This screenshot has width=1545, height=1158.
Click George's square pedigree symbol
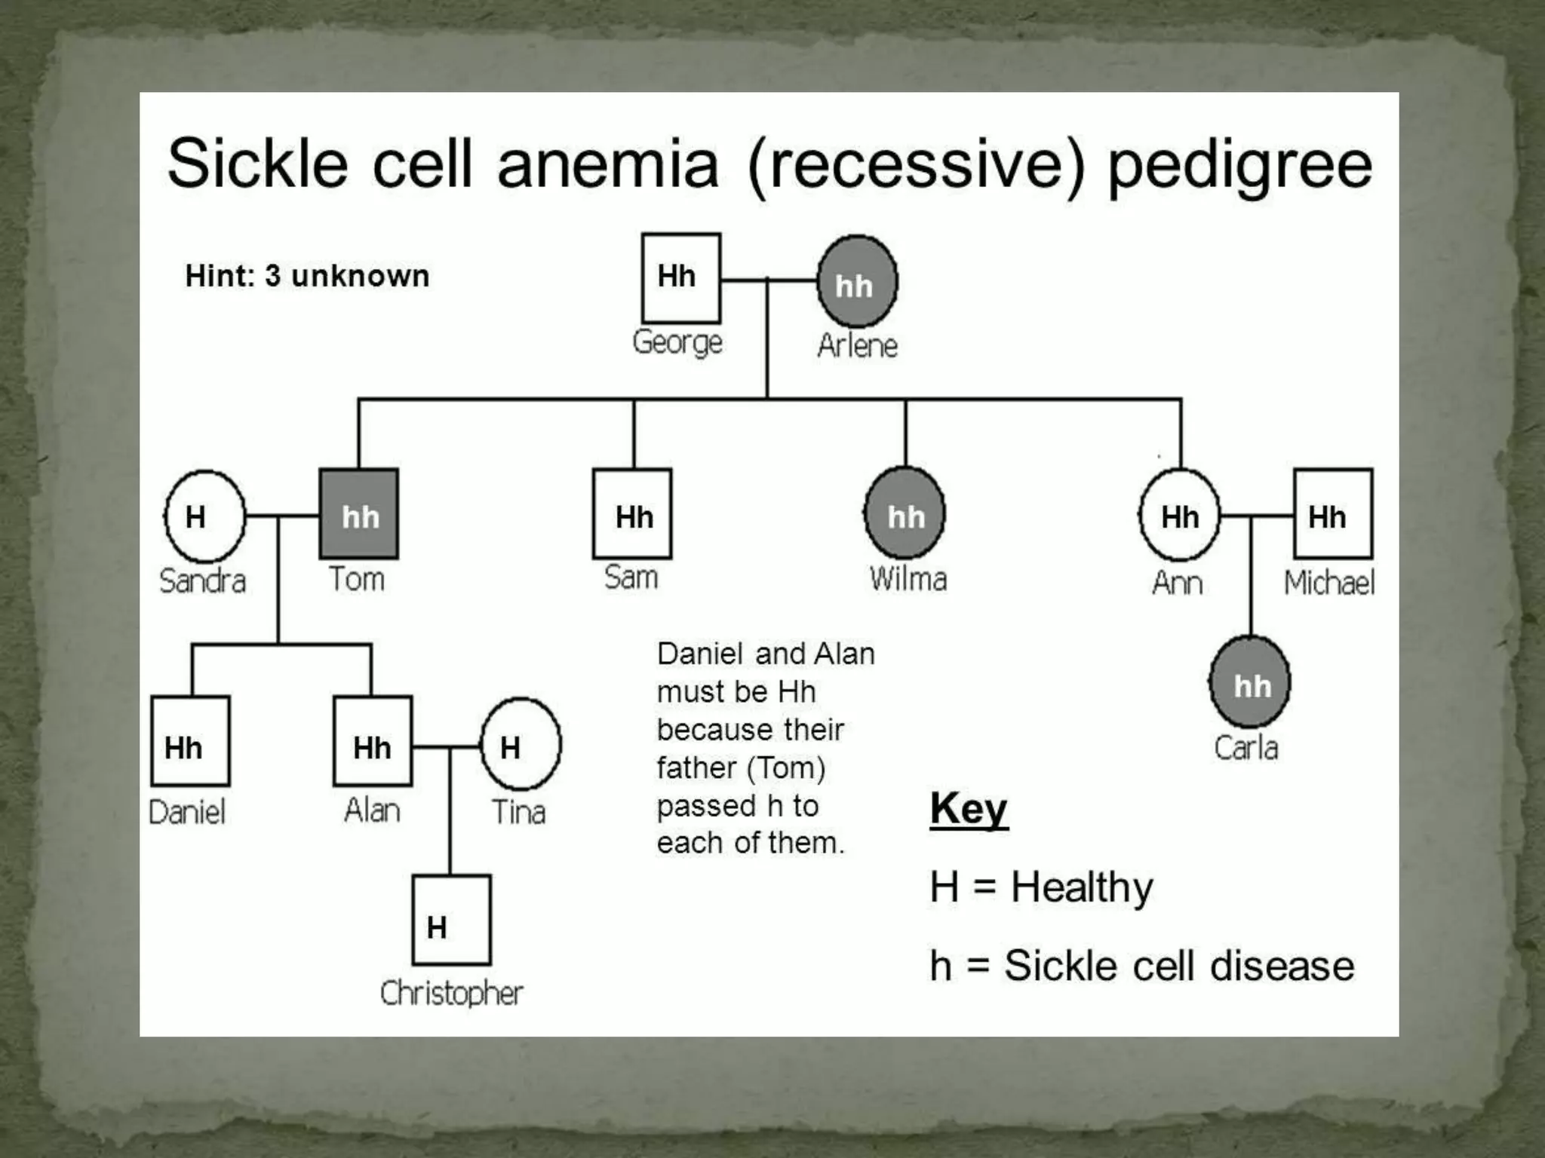(x=680, y=277)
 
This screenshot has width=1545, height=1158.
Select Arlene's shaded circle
(x=857, y=282)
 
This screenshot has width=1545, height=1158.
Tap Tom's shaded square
(x=359, y=514)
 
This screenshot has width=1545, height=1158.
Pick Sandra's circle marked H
(x=204, y=516)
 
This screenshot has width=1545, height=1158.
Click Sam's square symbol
(x=632, y=514)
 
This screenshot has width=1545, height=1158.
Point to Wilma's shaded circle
(x=905, y=515)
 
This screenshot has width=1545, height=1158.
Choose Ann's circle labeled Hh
(x=1179, y=516)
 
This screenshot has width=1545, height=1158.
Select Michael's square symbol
(x=1332, y=514)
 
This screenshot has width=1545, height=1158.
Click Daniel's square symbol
(x=190, y=741)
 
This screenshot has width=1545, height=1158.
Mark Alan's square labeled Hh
(x=373, y=741)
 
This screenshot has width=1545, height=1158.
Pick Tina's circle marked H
(x=521, y=745)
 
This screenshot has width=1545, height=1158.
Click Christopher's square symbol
(x=451, y=920)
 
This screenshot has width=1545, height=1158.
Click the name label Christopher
(x=451, y=993)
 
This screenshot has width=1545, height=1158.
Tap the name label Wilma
(x=908, y=579)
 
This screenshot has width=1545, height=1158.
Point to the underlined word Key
(x=969, y=809)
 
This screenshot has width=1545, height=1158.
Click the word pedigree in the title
(x=1239, y=166)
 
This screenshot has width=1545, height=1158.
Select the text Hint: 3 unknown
(x=307, y=276)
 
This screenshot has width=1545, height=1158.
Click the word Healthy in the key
(x=1082, y=887)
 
